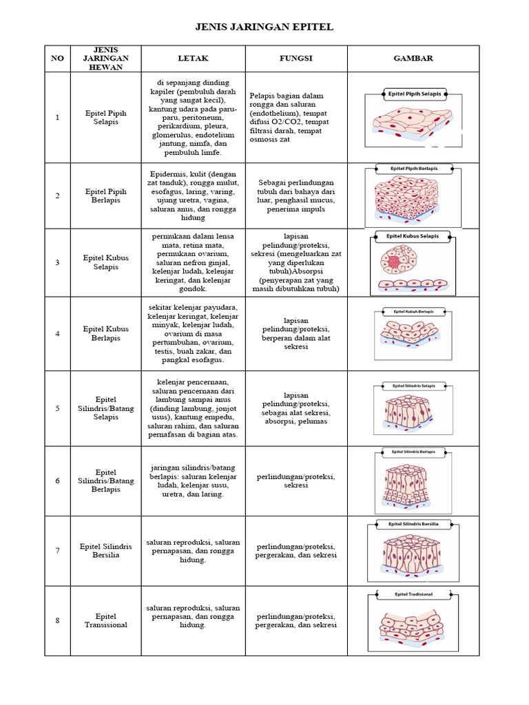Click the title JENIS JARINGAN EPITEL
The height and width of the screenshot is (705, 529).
point(264,27)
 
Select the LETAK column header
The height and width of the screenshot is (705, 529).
point(193,59)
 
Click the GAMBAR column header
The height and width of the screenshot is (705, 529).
point(413,59)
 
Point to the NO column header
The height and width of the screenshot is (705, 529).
point(57,59)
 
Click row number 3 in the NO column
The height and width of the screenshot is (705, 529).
point(57,262)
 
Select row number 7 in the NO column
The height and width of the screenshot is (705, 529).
point(57,550)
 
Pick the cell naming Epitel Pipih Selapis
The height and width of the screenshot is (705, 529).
point(106,117)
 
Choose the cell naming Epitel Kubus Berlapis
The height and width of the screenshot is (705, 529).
point(106,334)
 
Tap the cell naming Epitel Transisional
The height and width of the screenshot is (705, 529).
point(106,620)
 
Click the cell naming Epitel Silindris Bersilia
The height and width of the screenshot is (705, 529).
point(106,550)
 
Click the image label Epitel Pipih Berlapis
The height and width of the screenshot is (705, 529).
point(413,168)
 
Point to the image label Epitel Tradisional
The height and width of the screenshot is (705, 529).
point(413,593)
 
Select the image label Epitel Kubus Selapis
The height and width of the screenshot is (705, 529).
point(413,235)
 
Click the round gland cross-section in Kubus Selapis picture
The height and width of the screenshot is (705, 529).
point(394,262)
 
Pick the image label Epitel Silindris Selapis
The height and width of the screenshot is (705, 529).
point(413,386)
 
